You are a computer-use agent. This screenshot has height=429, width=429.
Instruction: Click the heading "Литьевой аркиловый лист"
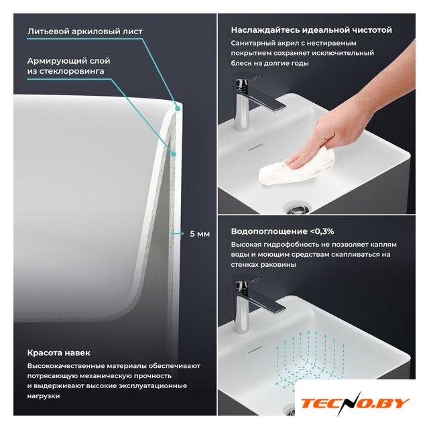85,32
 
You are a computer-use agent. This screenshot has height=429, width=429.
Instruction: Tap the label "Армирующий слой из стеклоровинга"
68,66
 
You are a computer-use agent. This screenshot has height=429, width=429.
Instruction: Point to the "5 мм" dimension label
200,234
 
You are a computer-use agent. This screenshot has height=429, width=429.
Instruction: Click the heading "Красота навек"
59,353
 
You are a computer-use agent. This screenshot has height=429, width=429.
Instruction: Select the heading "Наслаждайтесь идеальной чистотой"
311,29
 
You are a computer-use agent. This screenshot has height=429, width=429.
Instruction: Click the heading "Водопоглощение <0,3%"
282,231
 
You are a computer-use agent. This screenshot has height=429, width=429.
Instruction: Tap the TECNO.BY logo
355,403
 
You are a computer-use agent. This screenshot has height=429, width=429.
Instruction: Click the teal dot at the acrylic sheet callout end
178,109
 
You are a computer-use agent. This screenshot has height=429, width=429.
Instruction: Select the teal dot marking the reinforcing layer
173,154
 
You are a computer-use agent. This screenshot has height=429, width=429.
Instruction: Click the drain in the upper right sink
297,208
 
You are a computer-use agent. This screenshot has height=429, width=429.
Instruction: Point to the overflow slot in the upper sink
255,147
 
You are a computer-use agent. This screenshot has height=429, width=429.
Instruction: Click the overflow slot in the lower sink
255,349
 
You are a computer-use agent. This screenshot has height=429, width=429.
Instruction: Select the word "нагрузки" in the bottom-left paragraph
43,396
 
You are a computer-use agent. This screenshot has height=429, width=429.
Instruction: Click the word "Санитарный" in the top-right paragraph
249,43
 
